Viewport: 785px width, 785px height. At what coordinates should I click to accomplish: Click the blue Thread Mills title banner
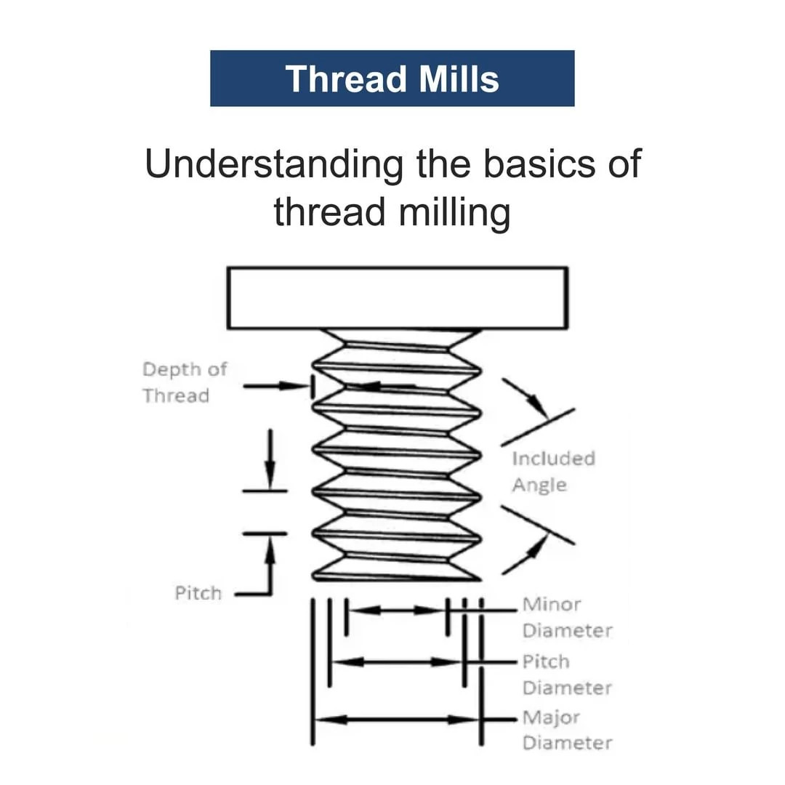[392, 78]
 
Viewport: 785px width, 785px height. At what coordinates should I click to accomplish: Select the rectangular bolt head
[397, 298]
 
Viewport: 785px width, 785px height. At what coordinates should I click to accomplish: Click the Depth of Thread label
[185, 382]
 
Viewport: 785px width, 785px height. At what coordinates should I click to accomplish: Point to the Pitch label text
[198, 593]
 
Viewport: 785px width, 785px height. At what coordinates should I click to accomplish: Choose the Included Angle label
[553, 472]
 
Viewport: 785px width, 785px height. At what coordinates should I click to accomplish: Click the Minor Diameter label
[567, 617]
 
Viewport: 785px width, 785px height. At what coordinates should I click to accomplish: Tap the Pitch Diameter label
[567, 675]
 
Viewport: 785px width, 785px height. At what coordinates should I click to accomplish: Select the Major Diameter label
[567, 730]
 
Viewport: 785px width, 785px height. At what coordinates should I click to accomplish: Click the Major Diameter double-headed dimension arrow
[397, 720]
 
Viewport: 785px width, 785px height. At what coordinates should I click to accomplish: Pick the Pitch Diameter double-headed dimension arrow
[397, 661]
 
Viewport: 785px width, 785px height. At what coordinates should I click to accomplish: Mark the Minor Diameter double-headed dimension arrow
[397, 610]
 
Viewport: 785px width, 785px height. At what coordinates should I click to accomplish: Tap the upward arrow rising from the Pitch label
[270, 563]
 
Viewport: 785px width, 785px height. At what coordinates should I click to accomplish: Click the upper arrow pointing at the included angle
[526, 396]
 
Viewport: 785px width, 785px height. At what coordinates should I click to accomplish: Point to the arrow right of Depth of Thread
[275, 386]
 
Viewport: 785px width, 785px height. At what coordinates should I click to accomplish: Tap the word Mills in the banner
[458, 78]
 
